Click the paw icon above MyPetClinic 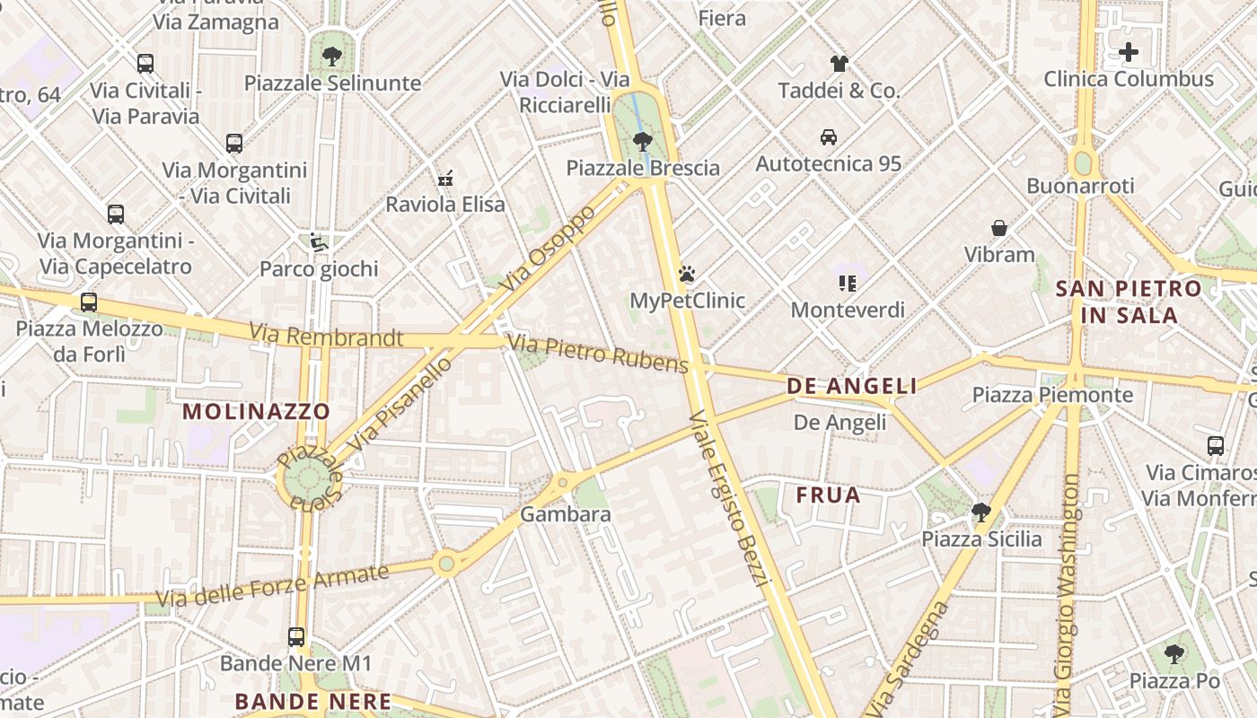[687, 274]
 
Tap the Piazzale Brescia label [643, 168]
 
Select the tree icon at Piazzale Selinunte [332, 57]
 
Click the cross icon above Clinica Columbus [1129, 52]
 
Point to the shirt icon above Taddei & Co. [839, 64]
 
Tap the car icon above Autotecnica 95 [829, 137]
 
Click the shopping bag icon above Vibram [999, 228]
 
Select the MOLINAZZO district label [257, 412]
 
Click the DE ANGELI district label [852, 386]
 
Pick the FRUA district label [828, 495]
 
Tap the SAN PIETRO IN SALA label [1129, 302]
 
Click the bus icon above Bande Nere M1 [296, 637]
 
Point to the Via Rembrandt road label [327, 337]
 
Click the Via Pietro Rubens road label [598, 353]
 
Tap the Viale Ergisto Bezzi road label [730, 499]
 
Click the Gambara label [566, 514]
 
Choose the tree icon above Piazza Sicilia [980, 512]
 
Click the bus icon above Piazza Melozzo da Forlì [88, 302]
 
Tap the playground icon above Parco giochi [318, 242]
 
